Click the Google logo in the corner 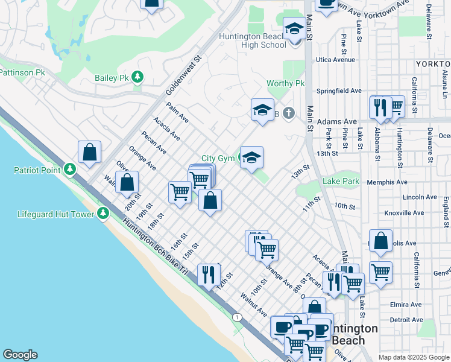click(x=20, y=355)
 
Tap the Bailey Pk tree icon click(x=138, y=77)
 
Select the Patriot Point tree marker click(x=71, y=170)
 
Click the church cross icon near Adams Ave click(x=289, y=113)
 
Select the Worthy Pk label click(x=286, y=84)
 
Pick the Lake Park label click(x=340, y=181)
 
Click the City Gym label click(x=217, y=158)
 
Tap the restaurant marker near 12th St click(x=209, y=275)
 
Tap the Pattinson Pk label click(x=22, y=72)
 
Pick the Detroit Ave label click(x=406, y=319)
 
